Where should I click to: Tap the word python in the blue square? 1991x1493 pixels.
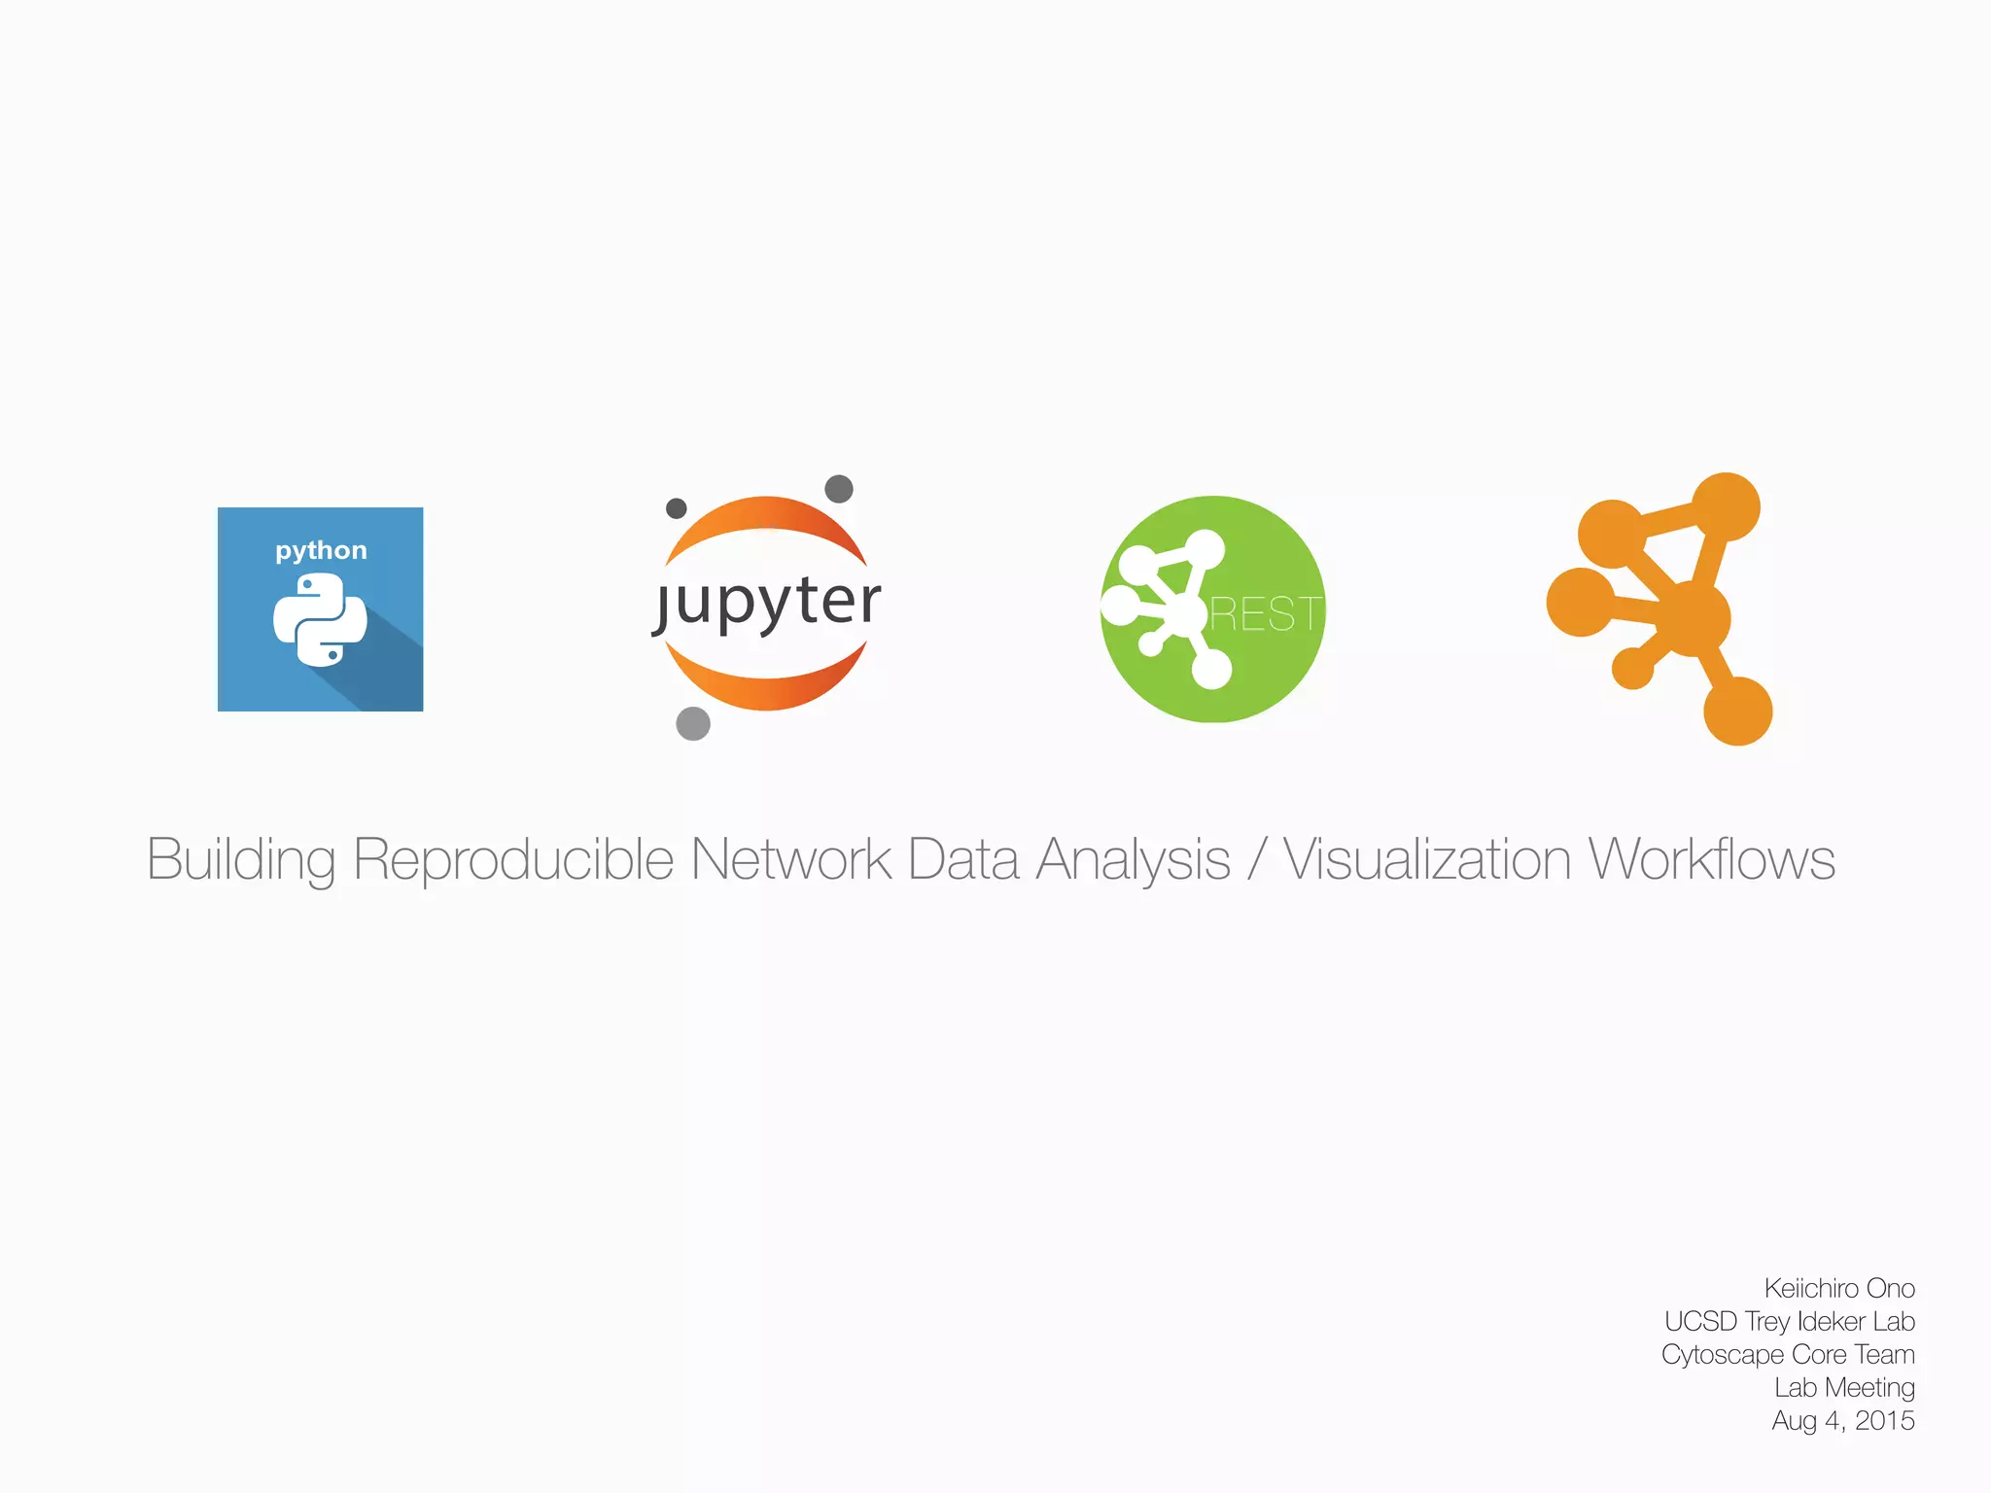click(x=321, y=550)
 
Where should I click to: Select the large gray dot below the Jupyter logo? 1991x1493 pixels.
click(x=693, y=723)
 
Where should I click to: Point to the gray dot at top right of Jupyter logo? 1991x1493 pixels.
click(x=839, y=488)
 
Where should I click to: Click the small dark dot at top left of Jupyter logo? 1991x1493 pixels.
click(x=677, y=508)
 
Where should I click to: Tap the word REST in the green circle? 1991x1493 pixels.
click(x=1265, y=614)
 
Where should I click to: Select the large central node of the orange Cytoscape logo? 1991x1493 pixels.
click(x=1692, y=618)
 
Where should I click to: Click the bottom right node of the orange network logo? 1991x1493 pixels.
click(x=1737, y=711)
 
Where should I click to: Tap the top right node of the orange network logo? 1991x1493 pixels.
click(x=1727, y=506)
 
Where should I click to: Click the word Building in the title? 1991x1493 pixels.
click(x=241, y=860)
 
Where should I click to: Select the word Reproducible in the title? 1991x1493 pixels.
click(x=512, y=860)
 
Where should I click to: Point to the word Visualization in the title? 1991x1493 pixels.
click(x=1426, y=860)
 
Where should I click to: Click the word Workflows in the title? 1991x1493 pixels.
click(x=1711, y=860)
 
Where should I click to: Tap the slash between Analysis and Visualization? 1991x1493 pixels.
click(x=1257, y=860)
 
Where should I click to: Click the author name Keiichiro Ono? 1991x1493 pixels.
click(x=1839, y=1288)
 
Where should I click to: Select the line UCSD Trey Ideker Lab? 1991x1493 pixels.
click(x=1789, y=1321)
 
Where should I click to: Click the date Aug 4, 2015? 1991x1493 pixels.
click(x=1842, y=1420)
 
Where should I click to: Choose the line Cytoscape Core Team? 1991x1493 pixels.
click(x=1788, y=1354)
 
